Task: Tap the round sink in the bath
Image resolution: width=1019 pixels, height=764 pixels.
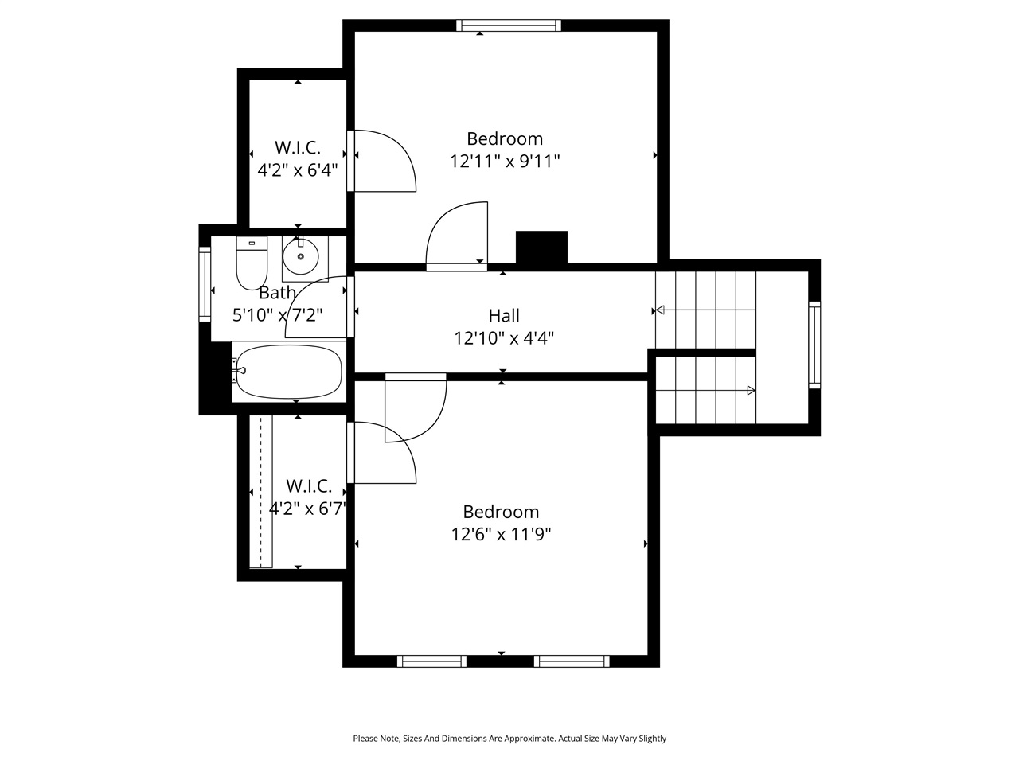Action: pos(300,256)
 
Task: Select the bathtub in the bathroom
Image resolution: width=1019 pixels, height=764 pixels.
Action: pos(288,372)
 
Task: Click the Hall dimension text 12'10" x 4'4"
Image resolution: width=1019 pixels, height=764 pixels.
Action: pos(503,338)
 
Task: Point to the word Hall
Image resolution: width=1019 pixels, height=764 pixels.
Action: pos(504,316)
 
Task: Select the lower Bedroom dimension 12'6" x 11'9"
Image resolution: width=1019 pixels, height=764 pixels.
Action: pos(502,534)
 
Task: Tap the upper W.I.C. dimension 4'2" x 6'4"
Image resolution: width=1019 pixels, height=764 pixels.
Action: pos(297,170)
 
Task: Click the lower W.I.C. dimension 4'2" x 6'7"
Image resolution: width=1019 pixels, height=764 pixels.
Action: pos(307,509)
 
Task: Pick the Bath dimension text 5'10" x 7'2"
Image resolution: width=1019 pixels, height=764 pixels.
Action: pos(277,315)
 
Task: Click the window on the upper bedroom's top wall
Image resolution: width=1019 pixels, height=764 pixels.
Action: pos(509,25)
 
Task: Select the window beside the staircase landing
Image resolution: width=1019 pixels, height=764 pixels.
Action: pos(814,345)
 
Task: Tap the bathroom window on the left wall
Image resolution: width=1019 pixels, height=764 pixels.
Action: pos(205,284)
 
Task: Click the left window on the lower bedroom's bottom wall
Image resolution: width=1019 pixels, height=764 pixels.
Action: pos(431,661)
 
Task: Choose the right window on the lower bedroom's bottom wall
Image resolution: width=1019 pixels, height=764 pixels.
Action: pos(572,661)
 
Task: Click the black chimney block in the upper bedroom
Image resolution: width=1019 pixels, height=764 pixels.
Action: pos(541,247)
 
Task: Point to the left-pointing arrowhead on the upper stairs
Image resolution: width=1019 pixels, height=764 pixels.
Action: pos(658,310)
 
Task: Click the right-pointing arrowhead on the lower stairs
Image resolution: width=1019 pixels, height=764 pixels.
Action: pos(751,390)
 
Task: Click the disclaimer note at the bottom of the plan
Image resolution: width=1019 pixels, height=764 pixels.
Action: pos(509,739)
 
